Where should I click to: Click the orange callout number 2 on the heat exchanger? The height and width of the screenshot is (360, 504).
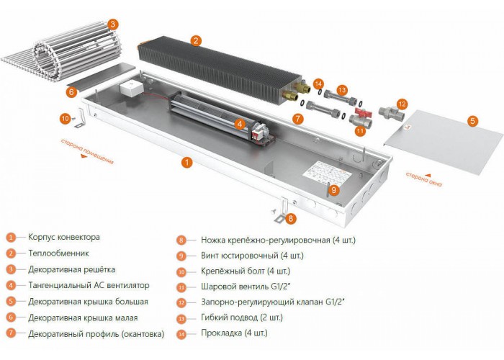click(196, 40)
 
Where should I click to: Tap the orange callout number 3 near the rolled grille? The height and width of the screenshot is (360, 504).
click(112, 24)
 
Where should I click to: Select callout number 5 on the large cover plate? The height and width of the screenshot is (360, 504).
click(472, 121)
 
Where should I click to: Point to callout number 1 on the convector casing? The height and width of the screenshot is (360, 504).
click(186, 162)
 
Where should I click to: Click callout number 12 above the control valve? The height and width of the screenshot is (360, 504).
click(402, 104)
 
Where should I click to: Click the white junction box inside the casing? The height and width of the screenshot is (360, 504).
click(131, 89)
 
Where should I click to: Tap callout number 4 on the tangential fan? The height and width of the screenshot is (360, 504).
click(240, 124)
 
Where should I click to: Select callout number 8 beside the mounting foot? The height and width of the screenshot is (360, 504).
click(291, 218)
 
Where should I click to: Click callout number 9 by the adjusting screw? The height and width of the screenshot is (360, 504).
click(334, 189)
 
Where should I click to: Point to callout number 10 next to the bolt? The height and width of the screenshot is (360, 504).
click(66, 119)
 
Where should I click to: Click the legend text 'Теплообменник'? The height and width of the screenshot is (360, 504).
click(58, 253)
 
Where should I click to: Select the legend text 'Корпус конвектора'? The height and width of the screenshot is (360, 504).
click(64, 237)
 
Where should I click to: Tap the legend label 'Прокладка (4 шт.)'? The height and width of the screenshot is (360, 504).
click(234, 333)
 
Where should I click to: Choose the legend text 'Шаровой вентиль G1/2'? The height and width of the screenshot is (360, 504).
click(246, 286)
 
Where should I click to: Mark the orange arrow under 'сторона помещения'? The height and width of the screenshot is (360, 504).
click(84, 156)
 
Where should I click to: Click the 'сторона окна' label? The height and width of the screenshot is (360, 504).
click(424, 179)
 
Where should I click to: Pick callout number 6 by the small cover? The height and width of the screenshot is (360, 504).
click(71, 92)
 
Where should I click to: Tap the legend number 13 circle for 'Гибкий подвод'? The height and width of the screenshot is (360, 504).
click(181, 318)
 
